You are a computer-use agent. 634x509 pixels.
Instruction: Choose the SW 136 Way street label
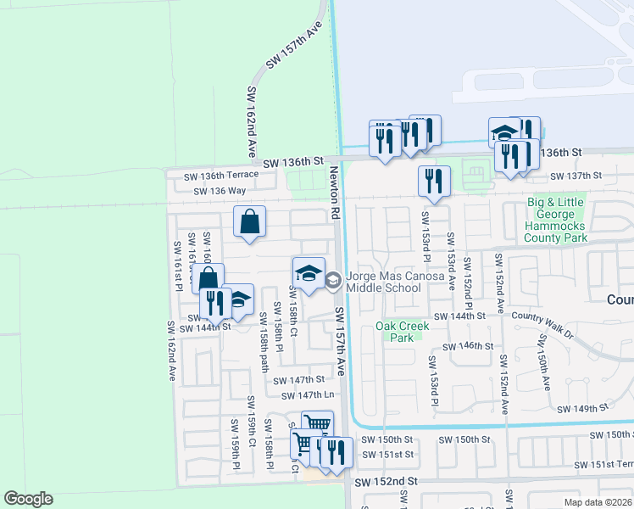tap(219, 191)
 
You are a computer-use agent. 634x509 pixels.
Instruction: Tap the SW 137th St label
tap(575, 176)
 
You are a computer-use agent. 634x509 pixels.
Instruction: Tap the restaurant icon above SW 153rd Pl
tap(434, 182)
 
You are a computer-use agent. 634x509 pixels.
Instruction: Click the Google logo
tap(28, 499)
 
